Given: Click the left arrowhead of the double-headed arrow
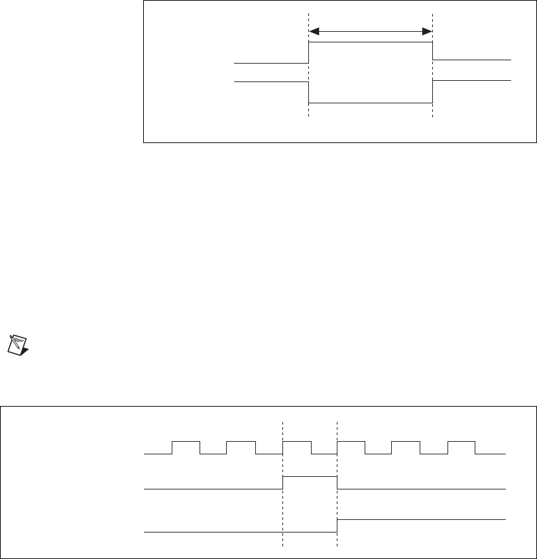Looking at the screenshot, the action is click(x=314, y=30).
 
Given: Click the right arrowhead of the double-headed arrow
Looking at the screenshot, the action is click(x=427, y=30).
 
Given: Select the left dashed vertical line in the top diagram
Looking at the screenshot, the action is click(x=309, y=113).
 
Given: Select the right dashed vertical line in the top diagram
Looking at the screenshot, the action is click(x=432, y=113).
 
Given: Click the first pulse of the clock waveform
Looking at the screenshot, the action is click(x=186, y=441).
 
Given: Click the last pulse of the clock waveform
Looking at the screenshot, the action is click(x=462, y=441).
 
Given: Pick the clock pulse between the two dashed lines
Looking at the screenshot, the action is click(x=297, y=441).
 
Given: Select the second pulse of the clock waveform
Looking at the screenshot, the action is click(x=241, y=441).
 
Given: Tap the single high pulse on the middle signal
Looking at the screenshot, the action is click(x=310, y=476).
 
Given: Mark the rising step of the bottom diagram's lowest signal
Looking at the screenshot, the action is click(x=337, y=526).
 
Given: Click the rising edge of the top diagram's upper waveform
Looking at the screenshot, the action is click(x=309, y=52).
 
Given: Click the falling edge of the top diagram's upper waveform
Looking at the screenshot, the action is click(x=432, y=51).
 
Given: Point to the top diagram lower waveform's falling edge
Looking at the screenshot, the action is click(x=309, y=92).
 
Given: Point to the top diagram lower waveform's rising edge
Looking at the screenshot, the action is click(x=432, y=91).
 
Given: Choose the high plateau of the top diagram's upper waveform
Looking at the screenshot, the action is click(x=371, y=43).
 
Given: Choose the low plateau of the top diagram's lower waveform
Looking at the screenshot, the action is click(x=371, y=103).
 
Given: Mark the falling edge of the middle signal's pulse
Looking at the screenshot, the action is click(x=337, y=483).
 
